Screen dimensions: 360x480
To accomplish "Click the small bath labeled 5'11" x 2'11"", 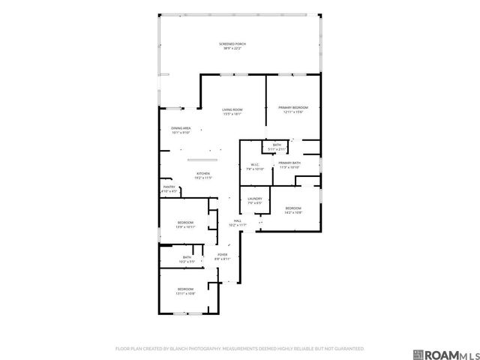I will coord(277,146).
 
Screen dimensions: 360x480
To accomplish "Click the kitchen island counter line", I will coord(203,160).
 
